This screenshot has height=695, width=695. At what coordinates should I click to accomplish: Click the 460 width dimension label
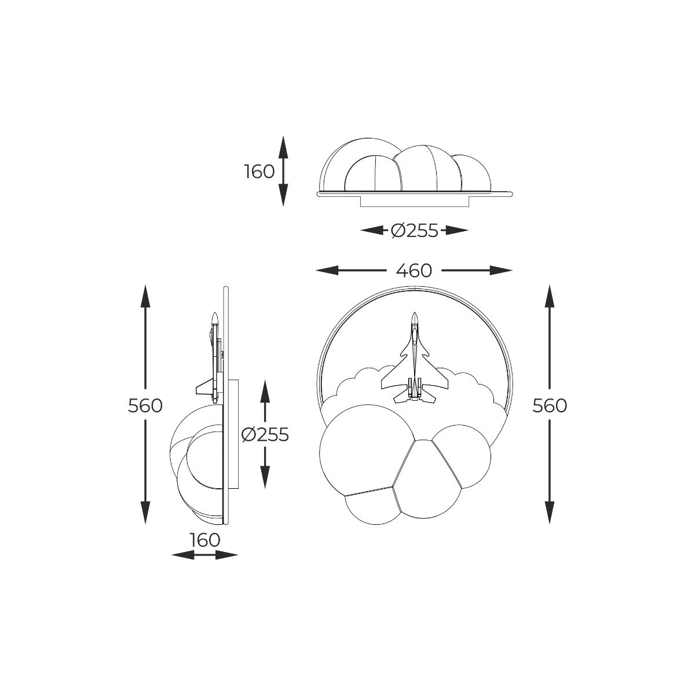pos(414,270)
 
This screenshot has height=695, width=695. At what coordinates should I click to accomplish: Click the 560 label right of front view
pos(550,406)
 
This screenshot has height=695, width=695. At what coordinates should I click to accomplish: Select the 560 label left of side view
pos(145,406)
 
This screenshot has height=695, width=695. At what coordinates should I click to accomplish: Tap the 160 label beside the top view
pos(259,171)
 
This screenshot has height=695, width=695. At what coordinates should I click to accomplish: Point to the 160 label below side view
pos(204,540)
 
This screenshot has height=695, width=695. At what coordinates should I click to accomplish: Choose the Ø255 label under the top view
pos(415,231)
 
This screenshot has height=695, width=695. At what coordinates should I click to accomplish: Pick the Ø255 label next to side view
pos(265,435)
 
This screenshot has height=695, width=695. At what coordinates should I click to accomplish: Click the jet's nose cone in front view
pos(415,317)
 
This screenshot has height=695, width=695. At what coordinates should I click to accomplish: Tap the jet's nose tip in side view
pos(215,314)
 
